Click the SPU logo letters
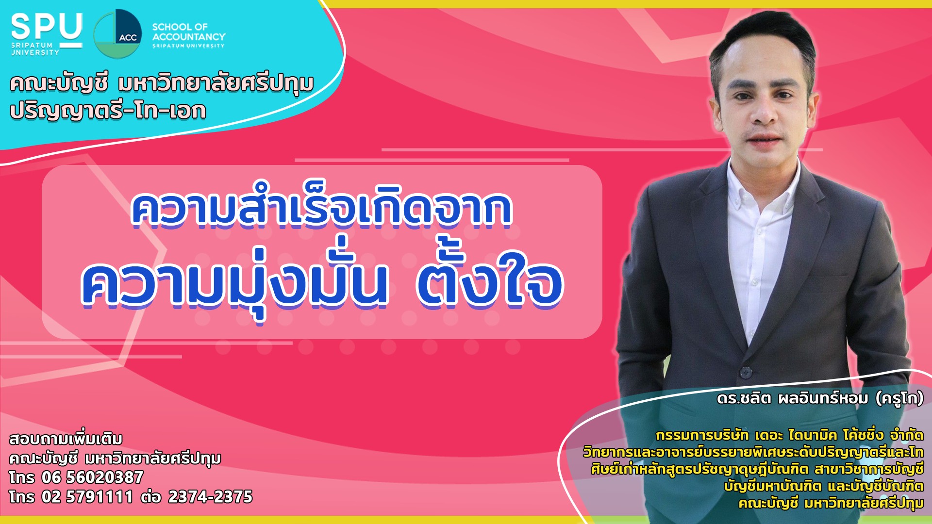[x=47, y=27]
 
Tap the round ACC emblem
[x=117, y=33]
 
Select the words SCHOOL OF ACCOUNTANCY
[x=189, y=32]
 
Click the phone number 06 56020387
[x=92, y=477]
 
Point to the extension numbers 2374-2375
[x=210, y=497]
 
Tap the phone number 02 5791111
[x=87, y=497]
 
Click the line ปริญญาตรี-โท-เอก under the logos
[x=108, y=111]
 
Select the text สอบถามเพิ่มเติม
[x=66, y=439]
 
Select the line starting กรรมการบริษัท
[x=789, y=435]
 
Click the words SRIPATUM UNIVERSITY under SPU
[x=35, y=49]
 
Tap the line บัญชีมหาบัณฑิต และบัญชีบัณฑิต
[x=824, y=486]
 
